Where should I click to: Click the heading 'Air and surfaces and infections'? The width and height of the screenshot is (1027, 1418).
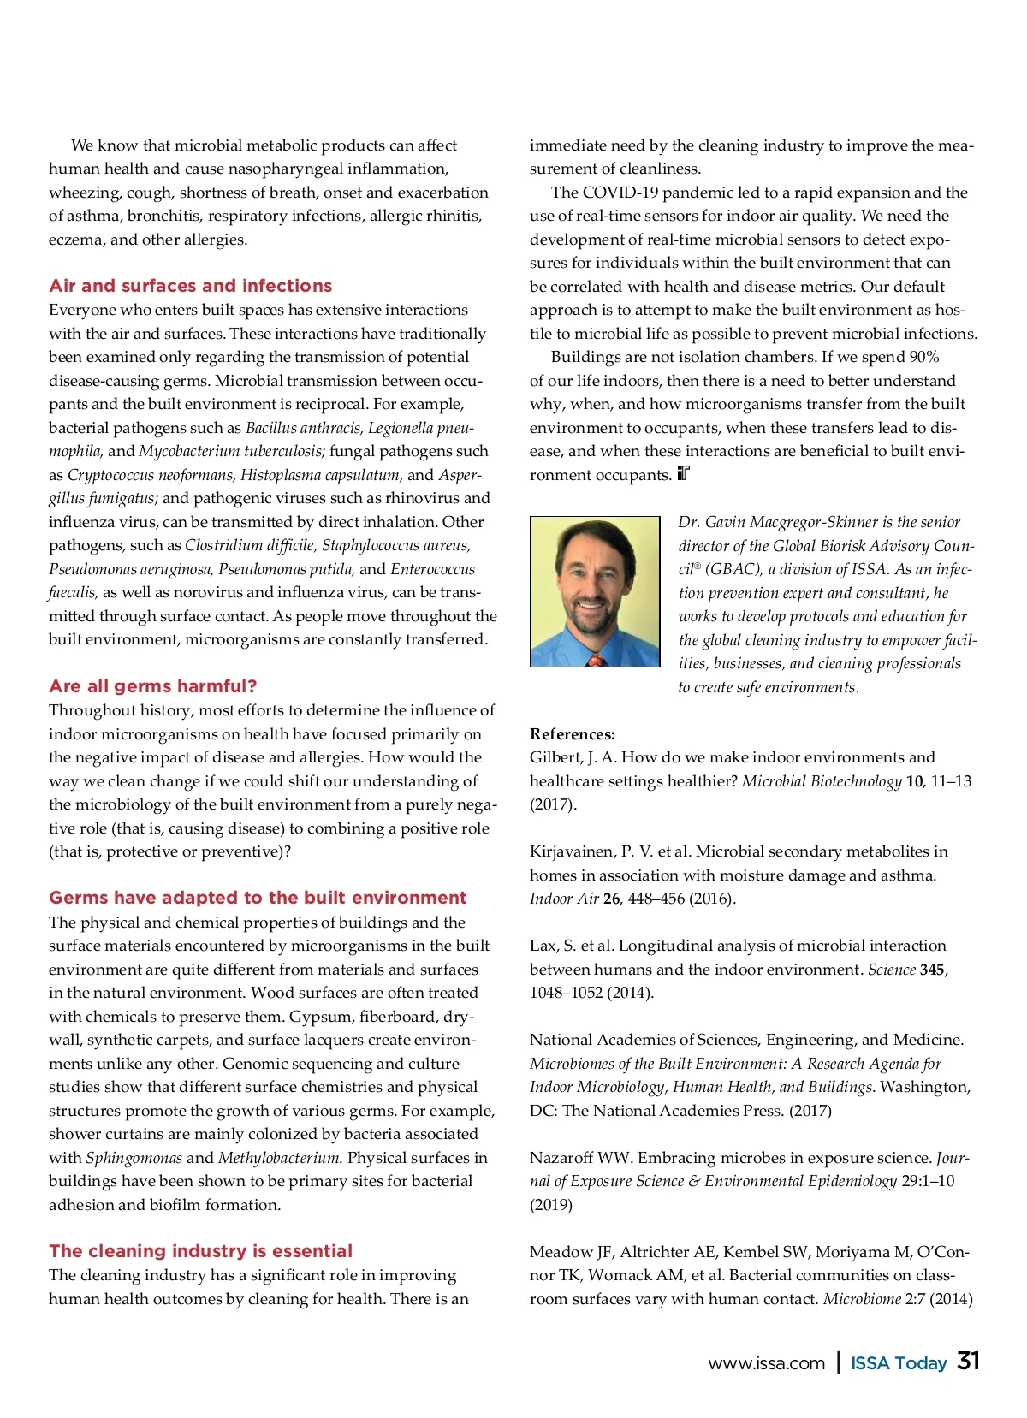(x=190, y=286)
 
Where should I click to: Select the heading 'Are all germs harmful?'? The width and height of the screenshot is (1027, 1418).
(x=152, y=686)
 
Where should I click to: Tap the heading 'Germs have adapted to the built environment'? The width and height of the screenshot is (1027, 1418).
(x=258, y=898)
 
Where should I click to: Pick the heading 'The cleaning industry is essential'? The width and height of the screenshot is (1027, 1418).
(x=200, y=1251)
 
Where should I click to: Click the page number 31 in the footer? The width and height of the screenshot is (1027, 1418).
(x=968, y=1362)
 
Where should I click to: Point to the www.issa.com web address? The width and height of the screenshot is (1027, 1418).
(x=766, y=1364)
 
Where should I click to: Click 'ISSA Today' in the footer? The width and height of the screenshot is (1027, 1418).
(x=899, y=1364)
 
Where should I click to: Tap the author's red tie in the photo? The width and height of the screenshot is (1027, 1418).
(x=597, y=660)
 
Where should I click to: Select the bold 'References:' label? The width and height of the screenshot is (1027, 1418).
(x=572, y=734)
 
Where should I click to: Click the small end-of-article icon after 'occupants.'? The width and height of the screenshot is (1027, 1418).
(x=683, y=473)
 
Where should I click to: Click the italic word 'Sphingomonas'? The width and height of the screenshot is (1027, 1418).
(x=134, y=1158)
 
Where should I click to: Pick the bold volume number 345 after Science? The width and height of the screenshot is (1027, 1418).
(x=932, y=970)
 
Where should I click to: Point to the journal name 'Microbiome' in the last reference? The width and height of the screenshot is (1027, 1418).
(x=862, y=1299)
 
